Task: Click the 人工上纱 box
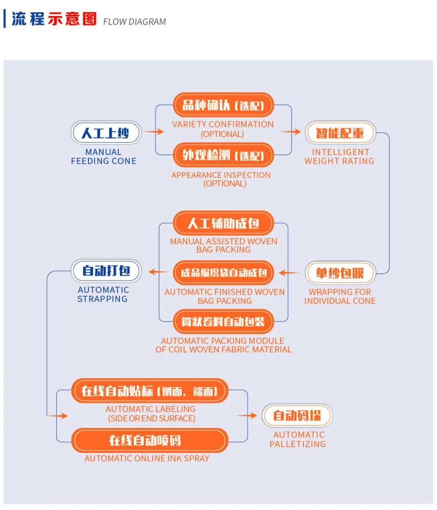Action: pos(106,133)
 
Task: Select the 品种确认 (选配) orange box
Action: pos(223,105)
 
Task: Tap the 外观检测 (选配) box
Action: pos(223,155)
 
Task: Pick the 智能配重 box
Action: pos(341,133)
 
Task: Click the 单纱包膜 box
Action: pos(341,272)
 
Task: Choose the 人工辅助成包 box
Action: pos(224,223)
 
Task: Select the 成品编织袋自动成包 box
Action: pos(224,272)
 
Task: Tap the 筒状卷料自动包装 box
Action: pos(224,322)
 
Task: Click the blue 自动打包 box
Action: pos(106,271)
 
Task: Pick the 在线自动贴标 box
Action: pos(150,391)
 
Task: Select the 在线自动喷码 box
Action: pos(150,441)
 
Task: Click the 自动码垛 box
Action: pos(297,415)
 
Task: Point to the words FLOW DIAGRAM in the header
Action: pos(134,22)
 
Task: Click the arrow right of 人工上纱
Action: pos(154,132)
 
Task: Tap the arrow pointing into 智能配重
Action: pos(291,132)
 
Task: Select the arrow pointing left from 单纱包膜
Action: pos(289,272)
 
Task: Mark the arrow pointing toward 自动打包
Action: pos(159,272)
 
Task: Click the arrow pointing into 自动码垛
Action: pos(247,415)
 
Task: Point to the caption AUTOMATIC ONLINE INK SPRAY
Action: pos(147,458)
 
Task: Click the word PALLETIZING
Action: pos(298,444)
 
